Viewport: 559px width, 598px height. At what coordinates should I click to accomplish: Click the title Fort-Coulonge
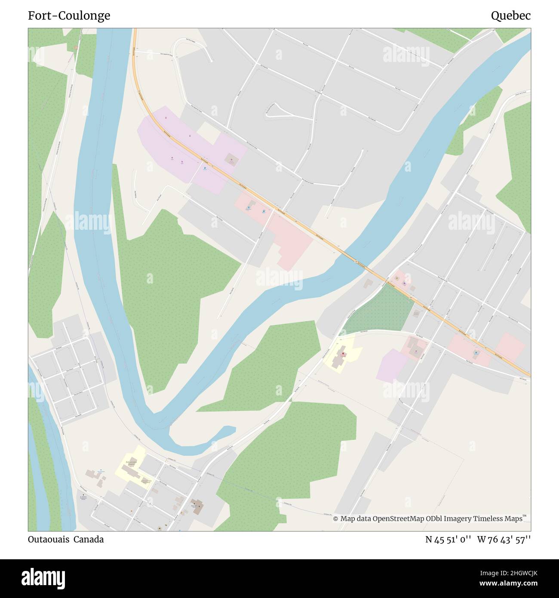[x=69, y=16]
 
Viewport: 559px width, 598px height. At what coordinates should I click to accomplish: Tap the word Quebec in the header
[x=510, y=16]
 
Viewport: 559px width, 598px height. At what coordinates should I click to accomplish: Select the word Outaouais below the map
[x=48, y=539]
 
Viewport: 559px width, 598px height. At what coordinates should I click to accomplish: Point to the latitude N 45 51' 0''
[x=448, y=540]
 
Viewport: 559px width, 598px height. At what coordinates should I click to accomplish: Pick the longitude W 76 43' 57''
[x=504, y=540]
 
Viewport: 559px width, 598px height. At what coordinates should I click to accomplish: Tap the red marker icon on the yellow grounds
[x=343, y=354]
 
